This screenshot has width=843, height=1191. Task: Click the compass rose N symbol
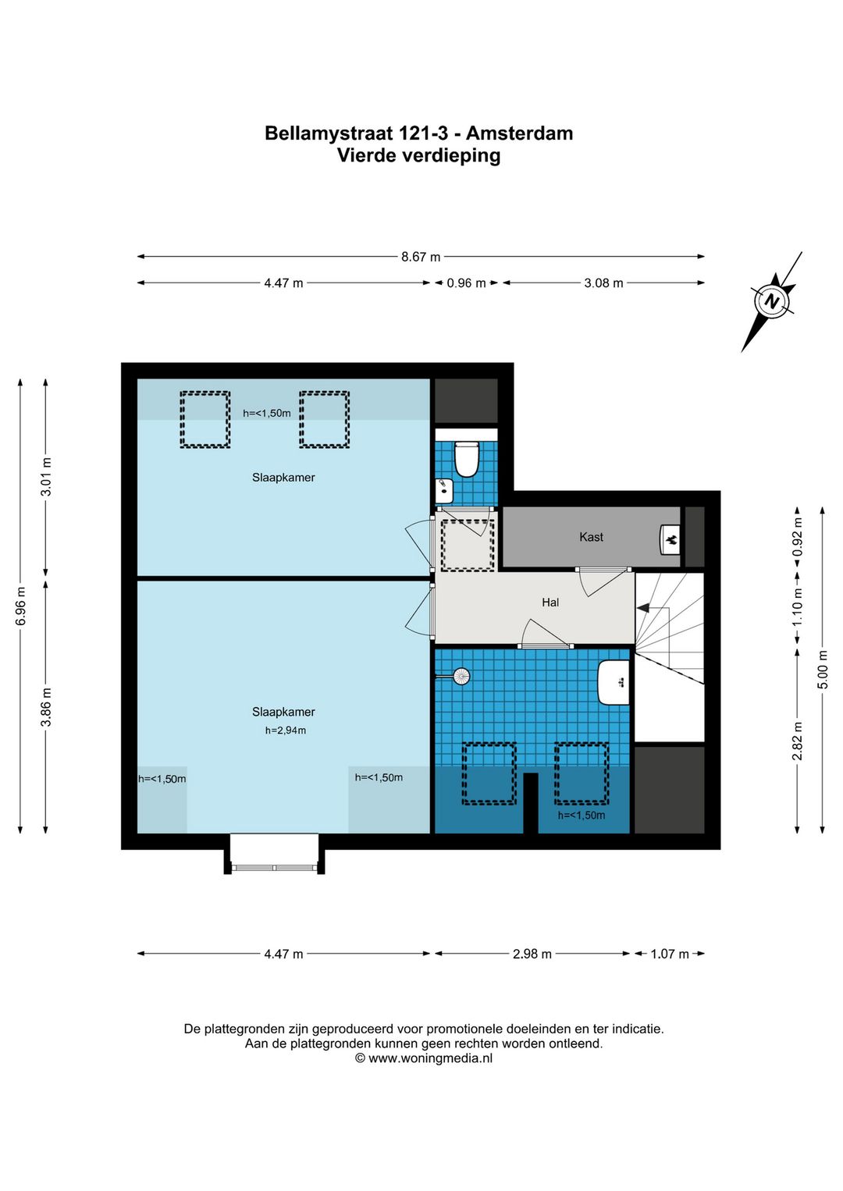click(770, 301)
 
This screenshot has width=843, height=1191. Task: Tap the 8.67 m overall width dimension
click(421, 257)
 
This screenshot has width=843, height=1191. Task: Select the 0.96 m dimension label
click(467, 283)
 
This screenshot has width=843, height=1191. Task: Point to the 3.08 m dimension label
click(603, 283)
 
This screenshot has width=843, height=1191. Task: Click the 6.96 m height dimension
click(20, 606)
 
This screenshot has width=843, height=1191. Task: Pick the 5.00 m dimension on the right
click(823, 670)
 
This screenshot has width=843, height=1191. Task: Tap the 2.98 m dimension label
click(532, 954)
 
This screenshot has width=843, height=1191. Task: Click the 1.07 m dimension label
click(670, 954)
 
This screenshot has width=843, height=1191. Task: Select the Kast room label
click(592, 537)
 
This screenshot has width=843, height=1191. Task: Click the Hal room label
click(550, 603)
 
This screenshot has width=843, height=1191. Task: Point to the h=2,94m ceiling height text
click(286, 731)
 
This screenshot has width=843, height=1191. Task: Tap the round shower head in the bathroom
click(461, 677)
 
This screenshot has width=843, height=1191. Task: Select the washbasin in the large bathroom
click(614, 683)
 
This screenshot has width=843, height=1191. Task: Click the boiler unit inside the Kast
click(670, 539)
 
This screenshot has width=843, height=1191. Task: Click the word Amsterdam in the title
click(519, 133)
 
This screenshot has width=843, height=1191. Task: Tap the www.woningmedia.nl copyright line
click(424, 1058)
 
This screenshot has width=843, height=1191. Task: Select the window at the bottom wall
click(274, 868)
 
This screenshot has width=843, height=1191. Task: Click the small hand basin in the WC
click(443, 491)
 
